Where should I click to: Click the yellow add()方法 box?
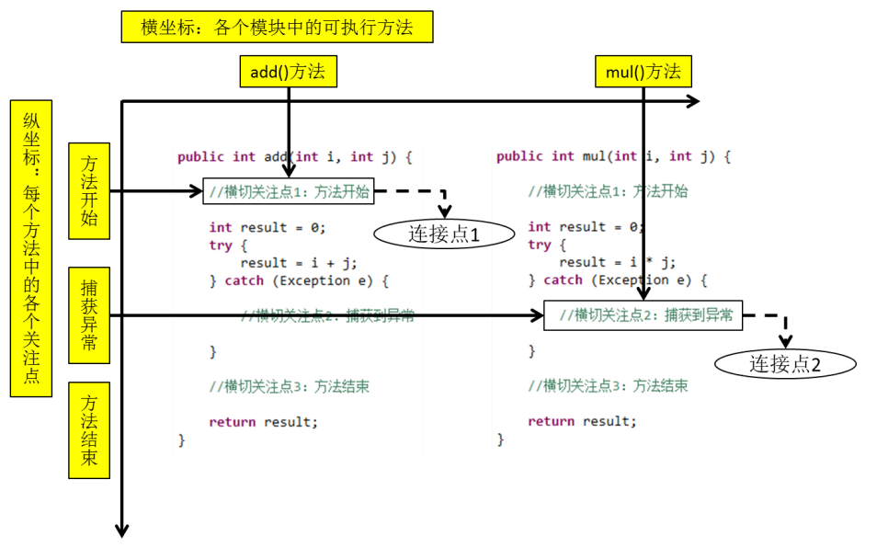(288, 72)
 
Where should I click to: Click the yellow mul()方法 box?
(643, 72)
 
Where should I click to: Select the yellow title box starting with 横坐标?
(277, 28)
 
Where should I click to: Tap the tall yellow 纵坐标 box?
(31, 248)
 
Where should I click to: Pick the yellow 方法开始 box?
(89, 190)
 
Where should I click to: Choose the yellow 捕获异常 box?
(89, 315)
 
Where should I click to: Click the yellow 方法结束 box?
(89, 430)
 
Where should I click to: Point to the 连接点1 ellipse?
(444, 234)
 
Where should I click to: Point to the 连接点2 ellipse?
(785, 363)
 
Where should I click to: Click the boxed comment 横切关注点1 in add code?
(289, 191)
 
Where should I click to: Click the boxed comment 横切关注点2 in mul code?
(643, 315)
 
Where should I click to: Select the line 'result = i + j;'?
(298, 262)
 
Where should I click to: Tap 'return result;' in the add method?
(263, 422)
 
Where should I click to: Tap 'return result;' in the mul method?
(582, 421)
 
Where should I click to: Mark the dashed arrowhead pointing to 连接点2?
(786, 341)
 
